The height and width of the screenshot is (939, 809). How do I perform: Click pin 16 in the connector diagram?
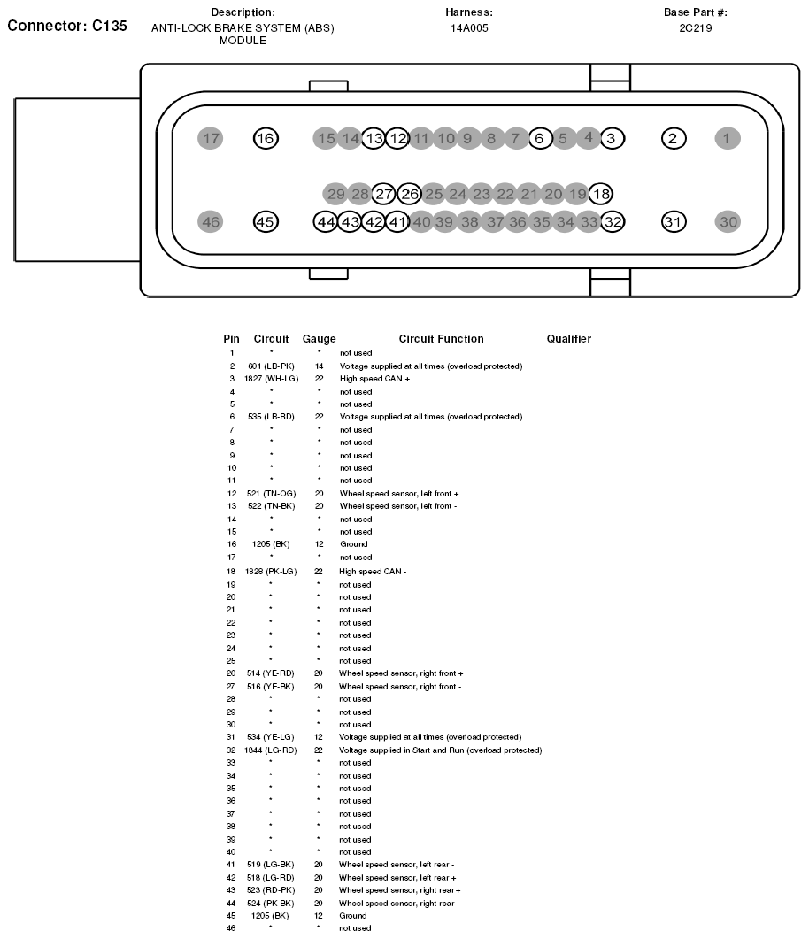(x=265, y=138)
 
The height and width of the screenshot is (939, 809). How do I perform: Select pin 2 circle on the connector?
(x=674, y=138)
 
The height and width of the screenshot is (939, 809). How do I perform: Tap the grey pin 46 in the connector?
(x=211, y=222)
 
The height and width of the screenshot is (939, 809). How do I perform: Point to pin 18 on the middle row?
(x=601, y=194)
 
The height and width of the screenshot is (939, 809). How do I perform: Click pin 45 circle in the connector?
(x=265, y=222)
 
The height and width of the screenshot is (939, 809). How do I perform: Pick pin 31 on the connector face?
(x=674, y=222)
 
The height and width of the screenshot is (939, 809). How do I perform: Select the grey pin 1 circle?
(x=728, y=138)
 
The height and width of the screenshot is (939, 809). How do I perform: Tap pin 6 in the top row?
(x=540, y=138)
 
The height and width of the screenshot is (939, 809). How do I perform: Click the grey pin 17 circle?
(x=211, y=138)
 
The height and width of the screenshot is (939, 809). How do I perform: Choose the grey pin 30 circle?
(x=728, y=222)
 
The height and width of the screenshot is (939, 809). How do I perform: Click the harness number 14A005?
(x=469, y=28)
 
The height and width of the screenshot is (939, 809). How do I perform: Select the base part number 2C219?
(x=696, y=28)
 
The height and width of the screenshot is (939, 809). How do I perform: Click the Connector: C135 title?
(x=67, y=26)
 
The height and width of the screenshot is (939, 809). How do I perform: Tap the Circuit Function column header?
(x=441, y=339)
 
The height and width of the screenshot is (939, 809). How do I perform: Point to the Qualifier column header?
(x=568, y=339)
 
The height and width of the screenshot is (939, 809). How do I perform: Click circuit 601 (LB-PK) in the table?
(x=271, y=366)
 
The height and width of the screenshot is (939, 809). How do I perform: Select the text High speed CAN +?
(x=374, y=379)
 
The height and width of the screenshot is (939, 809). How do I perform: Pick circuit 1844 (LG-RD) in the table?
(x=271, y=750)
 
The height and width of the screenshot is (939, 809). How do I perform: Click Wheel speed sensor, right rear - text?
(x=399, y=903)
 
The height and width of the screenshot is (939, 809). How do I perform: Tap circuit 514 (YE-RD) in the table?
(x=271, y=673)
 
